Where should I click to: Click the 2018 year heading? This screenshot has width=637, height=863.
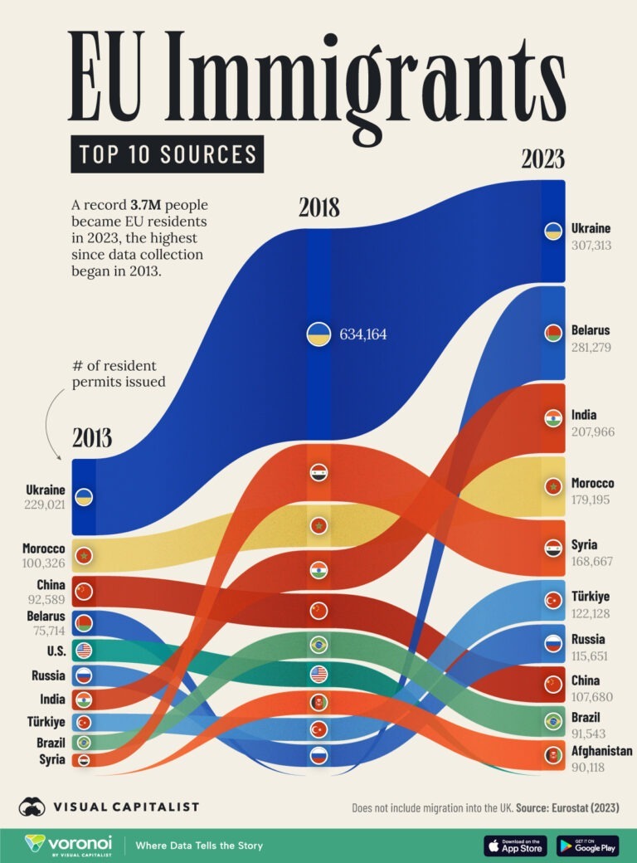(319, 207)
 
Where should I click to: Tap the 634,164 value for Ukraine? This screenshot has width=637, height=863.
(362, 335)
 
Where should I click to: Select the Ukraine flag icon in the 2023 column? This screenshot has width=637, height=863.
(552, 231)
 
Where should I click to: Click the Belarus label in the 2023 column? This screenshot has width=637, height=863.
(591, 330)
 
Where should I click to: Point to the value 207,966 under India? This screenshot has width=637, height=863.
(591, 432)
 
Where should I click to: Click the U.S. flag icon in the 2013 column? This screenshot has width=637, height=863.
(83, 650)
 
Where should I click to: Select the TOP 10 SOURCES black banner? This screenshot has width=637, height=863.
(167, 154)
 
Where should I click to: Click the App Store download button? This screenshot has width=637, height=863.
(515, 845)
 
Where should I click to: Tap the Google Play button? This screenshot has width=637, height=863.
(587, 845)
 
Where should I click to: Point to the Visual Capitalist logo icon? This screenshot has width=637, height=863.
(32, 806)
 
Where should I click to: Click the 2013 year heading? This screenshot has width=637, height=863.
(91, 438)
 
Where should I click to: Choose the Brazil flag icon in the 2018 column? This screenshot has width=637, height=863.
(319, 644)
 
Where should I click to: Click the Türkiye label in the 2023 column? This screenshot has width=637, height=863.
(591, 597)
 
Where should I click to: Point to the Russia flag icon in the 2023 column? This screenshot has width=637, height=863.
(552, 643)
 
